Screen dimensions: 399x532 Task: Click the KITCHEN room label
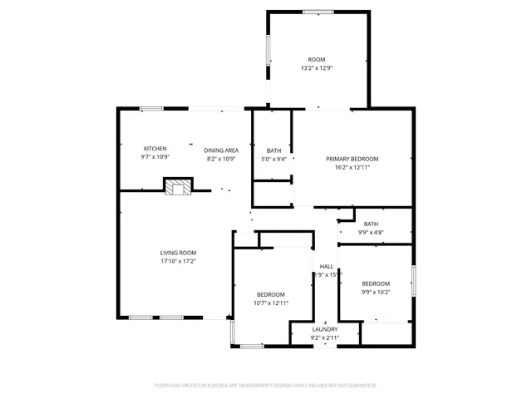(x=155, y=149)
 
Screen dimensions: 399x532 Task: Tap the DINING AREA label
(x=222, y=150)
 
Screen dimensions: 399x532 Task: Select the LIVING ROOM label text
(x=178, y=253)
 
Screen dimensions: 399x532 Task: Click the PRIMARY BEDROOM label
(x=352, y=159)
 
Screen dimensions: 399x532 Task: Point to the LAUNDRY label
(x=325, y=329)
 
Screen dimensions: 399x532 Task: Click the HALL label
(x=326, y=266)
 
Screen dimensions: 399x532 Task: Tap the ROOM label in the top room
(x=317, y=60)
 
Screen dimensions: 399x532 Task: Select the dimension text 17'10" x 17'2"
(x=178, y=261)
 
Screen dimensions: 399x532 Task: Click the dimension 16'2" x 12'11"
(x=352, y=167)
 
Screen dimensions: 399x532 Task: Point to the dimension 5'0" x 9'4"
(x=273, y=159)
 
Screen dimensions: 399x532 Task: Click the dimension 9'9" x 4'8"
(x=371, y=232)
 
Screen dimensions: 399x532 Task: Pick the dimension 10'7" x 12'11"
(x=271, y=303)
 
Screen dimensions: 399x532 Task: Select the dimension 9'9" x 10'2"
(x=375, y=292)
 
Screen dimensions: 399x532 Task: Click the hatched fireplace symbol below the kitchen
(x=177, y=188)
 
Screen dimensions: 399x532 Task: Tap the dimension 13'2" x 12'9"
(x=317, y=68)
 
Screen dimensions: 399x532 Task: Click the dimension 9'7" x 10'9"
(x=155, y=157)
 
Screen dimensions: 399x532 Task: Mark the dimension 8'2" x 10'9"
(x=222, y=159)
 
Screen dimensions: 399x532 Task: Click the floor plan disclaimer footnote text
(x=266, y=386)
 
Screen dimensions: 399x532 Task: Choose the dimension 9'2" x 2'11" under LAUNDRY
(x=325, y=337)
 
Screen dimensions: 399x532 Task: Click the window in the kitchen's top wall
(x=151, y=108)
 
